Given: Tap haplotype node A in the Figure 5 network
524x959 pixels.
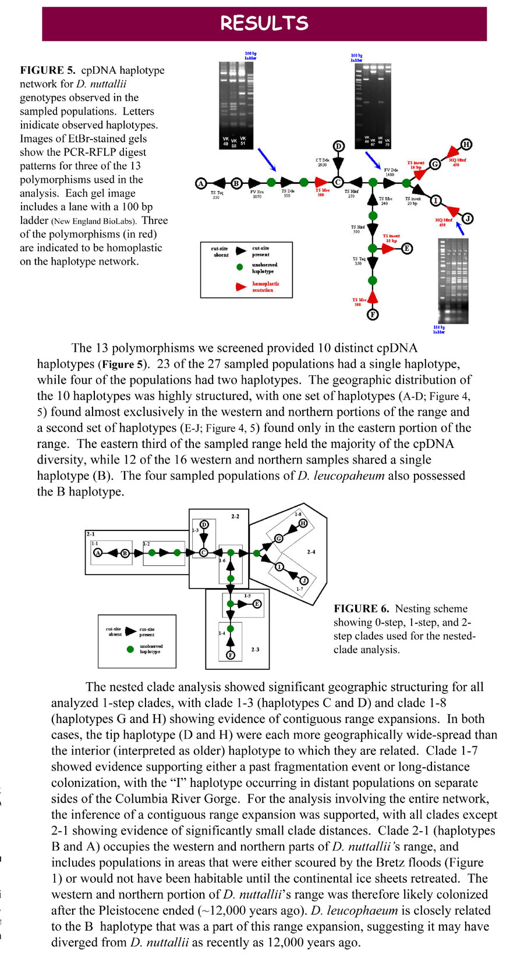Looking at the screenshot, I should (201, 183).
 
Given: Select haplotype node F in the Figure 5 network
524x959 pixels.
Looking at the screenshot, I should (373, 315).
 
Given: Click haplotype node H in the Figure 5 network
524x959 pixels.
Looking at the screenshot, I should (466, 144).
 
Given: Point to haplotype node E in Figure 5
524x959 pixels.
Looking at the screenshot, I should (406, 249).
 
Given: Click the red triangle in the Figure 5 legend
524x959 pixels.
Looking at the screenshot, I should (240, 287).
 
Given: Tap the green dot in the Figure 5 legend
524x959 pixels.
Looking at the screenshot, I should (240, 268).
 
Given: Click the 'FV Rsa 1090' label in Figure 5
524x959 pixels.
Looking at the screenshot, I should (257, 194).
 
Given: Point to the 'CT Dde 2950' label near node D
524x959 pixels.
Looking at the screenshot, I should (323, 162).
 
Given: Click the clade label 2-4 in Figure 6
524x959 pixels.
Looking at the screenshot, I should (311, 551).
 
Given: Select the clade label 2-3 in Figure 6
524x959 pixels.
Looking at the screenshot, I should (255, 649).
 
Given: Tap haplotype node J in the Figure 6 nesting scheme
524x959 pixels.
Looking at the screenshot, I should (304, 580).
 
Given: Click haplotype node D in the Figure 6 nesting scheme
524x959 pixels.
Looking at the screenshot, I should (204, 525).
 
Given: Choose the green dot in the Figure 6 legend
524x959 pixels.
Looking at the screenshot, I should (130, 649).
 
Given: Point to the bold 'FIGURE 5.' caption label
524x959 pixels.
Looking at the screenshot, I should (48, 70).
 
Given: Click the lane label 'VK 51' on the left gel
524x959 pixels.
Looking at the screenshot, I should (243, 141).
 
